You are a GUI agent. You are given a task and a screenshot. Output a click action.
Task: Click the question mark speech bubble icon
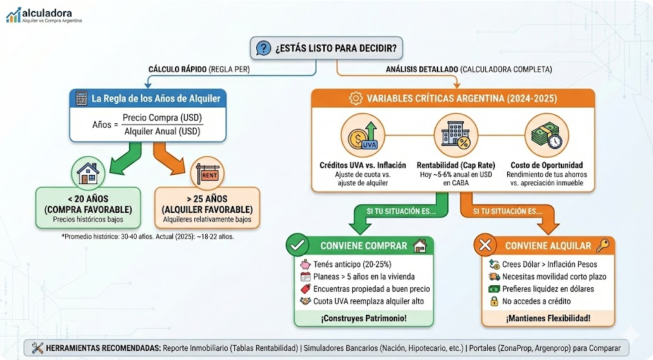(263, 48)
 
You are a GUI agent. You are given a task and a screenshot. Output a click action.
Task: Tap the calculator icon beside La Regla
(81, 99)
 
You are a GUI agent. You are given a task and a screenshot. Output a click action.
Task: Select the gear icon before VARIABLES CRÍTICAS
(355, 99)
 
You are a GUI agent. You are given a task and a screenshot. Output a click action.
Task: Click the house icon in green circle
(88, 173)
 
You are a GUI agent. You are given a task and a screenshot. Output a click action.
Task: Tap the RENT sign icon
(208, 173)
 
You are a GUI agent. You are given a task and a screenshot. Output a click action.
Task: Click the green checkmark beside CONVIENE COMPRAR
(298, 245)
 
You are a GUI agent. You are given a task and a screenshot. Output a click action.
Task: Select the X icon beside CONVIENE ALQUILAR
(484, 245)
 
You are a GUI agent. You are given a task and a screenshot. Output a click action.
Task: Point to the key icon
(603, 245)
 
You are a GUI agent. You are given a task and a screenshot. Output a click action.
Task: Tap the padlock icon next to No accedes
(494, 301)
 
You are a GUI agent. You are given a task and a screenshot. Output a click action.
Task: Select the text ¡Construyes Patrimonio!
(365, 318)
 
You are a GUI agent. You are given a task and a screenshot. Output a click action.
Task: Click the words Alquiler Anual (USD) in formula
(162, 131)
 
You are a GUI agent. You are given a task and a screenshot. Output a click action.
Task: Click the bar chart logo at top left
(14, 15)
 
